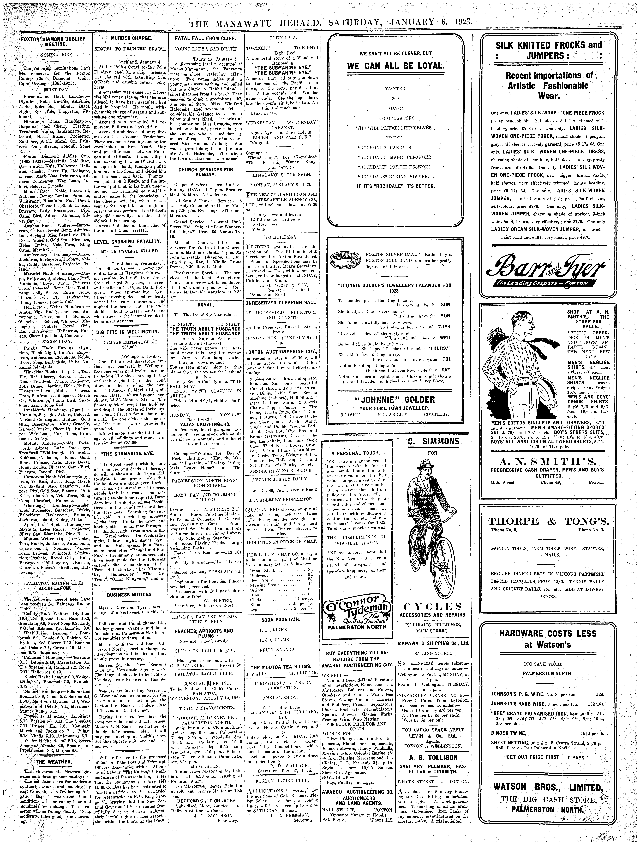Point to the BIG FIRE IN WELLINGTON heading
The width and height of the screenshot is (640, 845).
[x=126, y=332]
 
